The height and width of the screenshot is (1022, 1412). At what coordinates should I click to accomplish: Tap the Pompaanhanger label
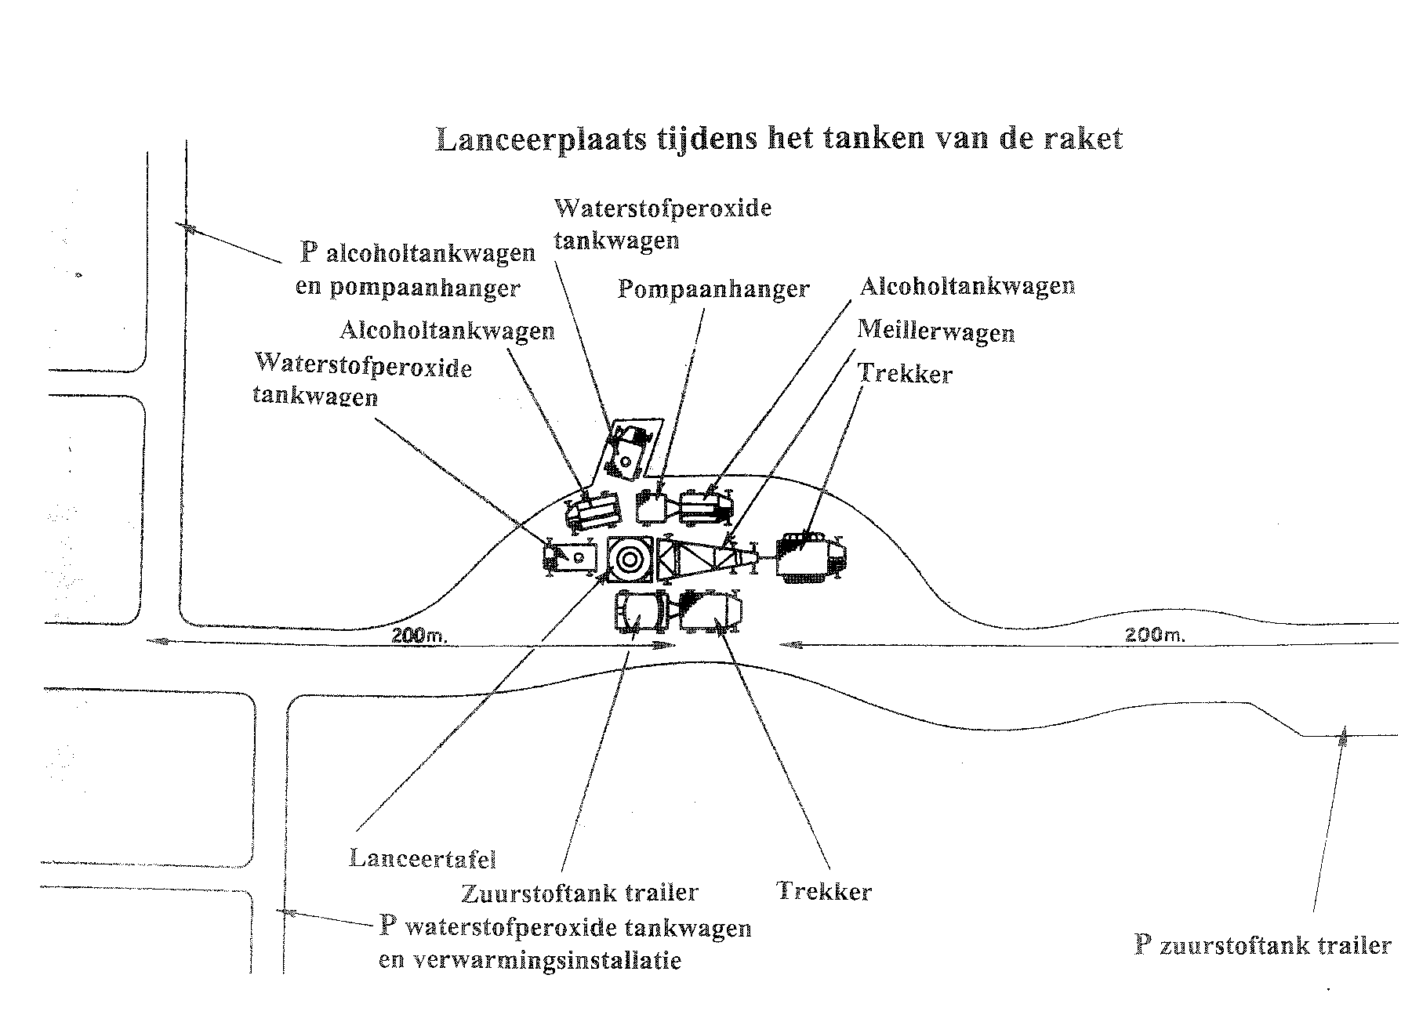pos(713,289)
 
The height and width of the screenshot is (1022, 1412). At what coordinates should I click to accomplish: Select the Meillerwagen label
pos(935,332)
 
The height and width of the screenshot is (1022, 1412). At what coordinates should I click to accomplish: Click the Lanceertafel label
pos(423,858)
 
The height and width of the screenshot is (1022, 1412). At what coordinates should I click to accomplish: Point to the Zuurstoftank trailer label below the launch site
pos(580,893)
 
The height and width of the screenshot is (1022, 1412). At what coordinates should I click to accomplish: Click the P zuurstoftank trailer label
pos(1262,945)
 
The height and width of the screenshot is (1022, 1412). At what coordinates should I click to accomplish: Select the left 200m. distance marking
pos(419,636)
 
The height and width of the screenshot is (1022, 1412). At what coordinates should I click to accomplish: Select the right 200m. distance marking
pos(1154,636)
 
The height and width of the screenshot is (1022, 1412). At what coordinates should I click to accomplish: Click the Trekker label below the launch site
pos(823,891)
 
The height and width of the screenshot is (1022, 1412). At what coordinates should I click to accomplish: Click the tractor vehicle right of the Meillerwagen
pos(809,556)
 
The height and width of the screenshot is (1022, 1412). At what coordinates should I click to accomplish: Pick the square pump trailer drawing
pos(650,508)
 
